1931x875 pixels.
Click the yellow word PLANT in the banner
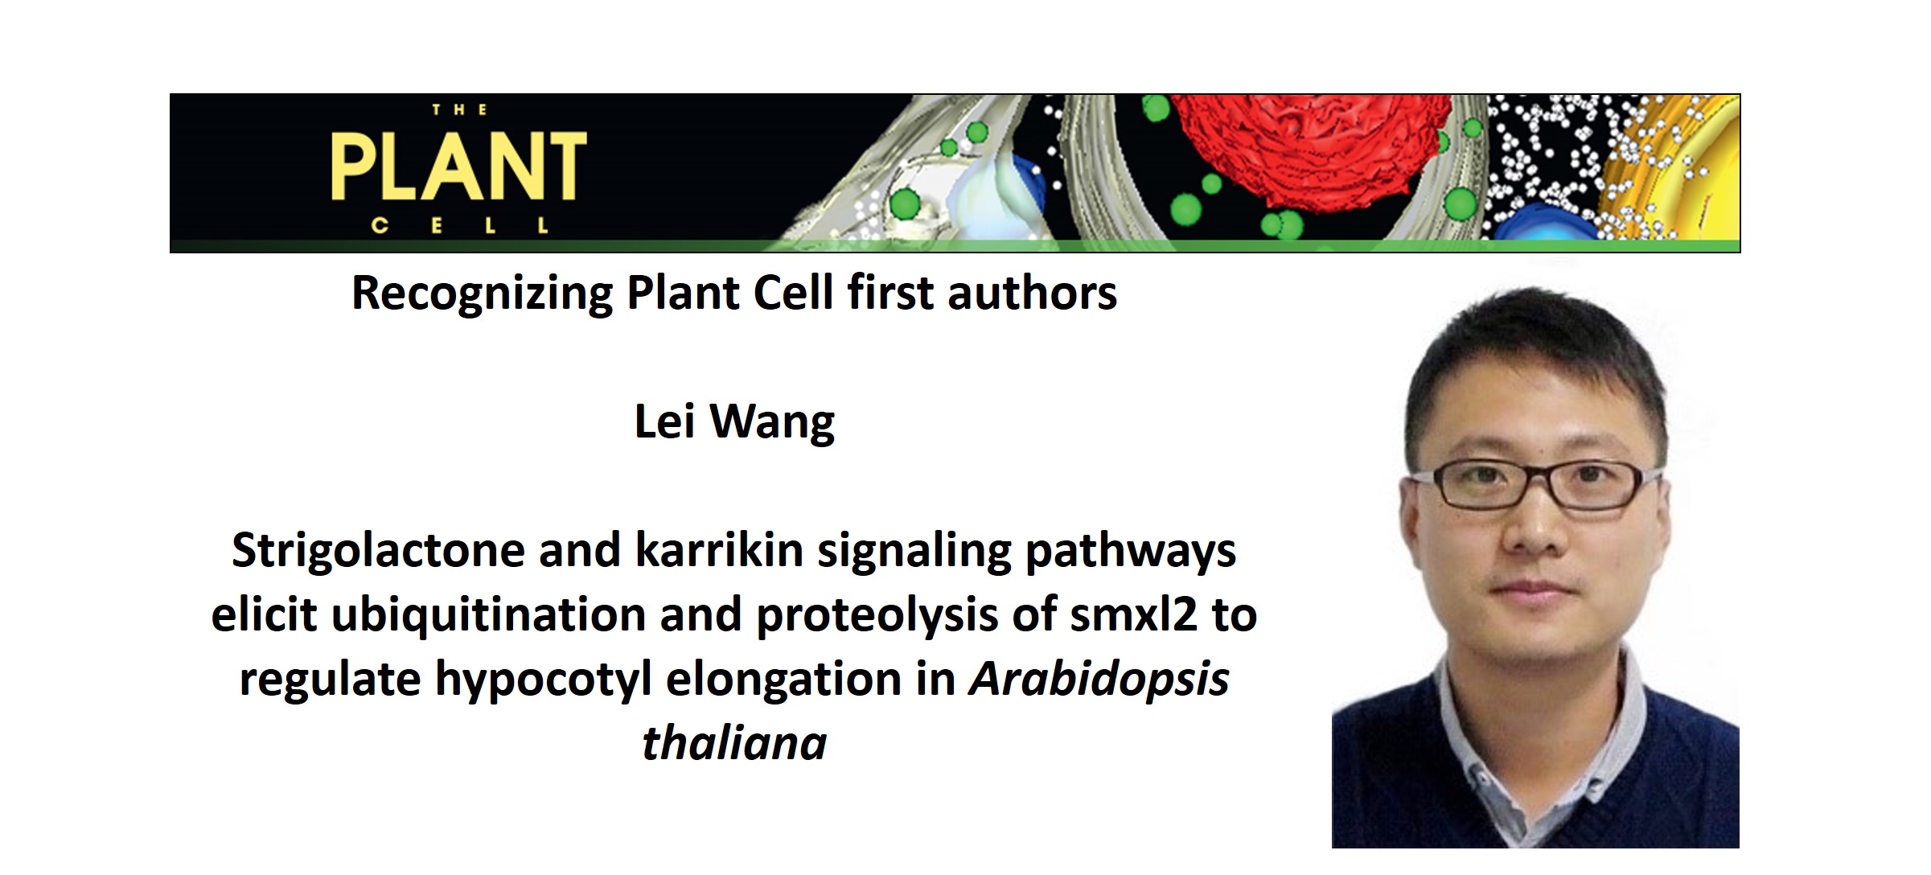[458, 166]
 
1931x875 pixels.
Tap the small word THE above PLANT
[459, 110]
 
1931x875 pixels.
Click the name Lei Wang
[734, 422]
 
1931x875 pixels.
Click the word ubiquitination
[488, 615]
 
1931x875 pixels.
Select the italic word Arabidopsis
[1099, 680]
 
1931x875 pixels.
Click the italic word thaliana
[734, 743]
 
